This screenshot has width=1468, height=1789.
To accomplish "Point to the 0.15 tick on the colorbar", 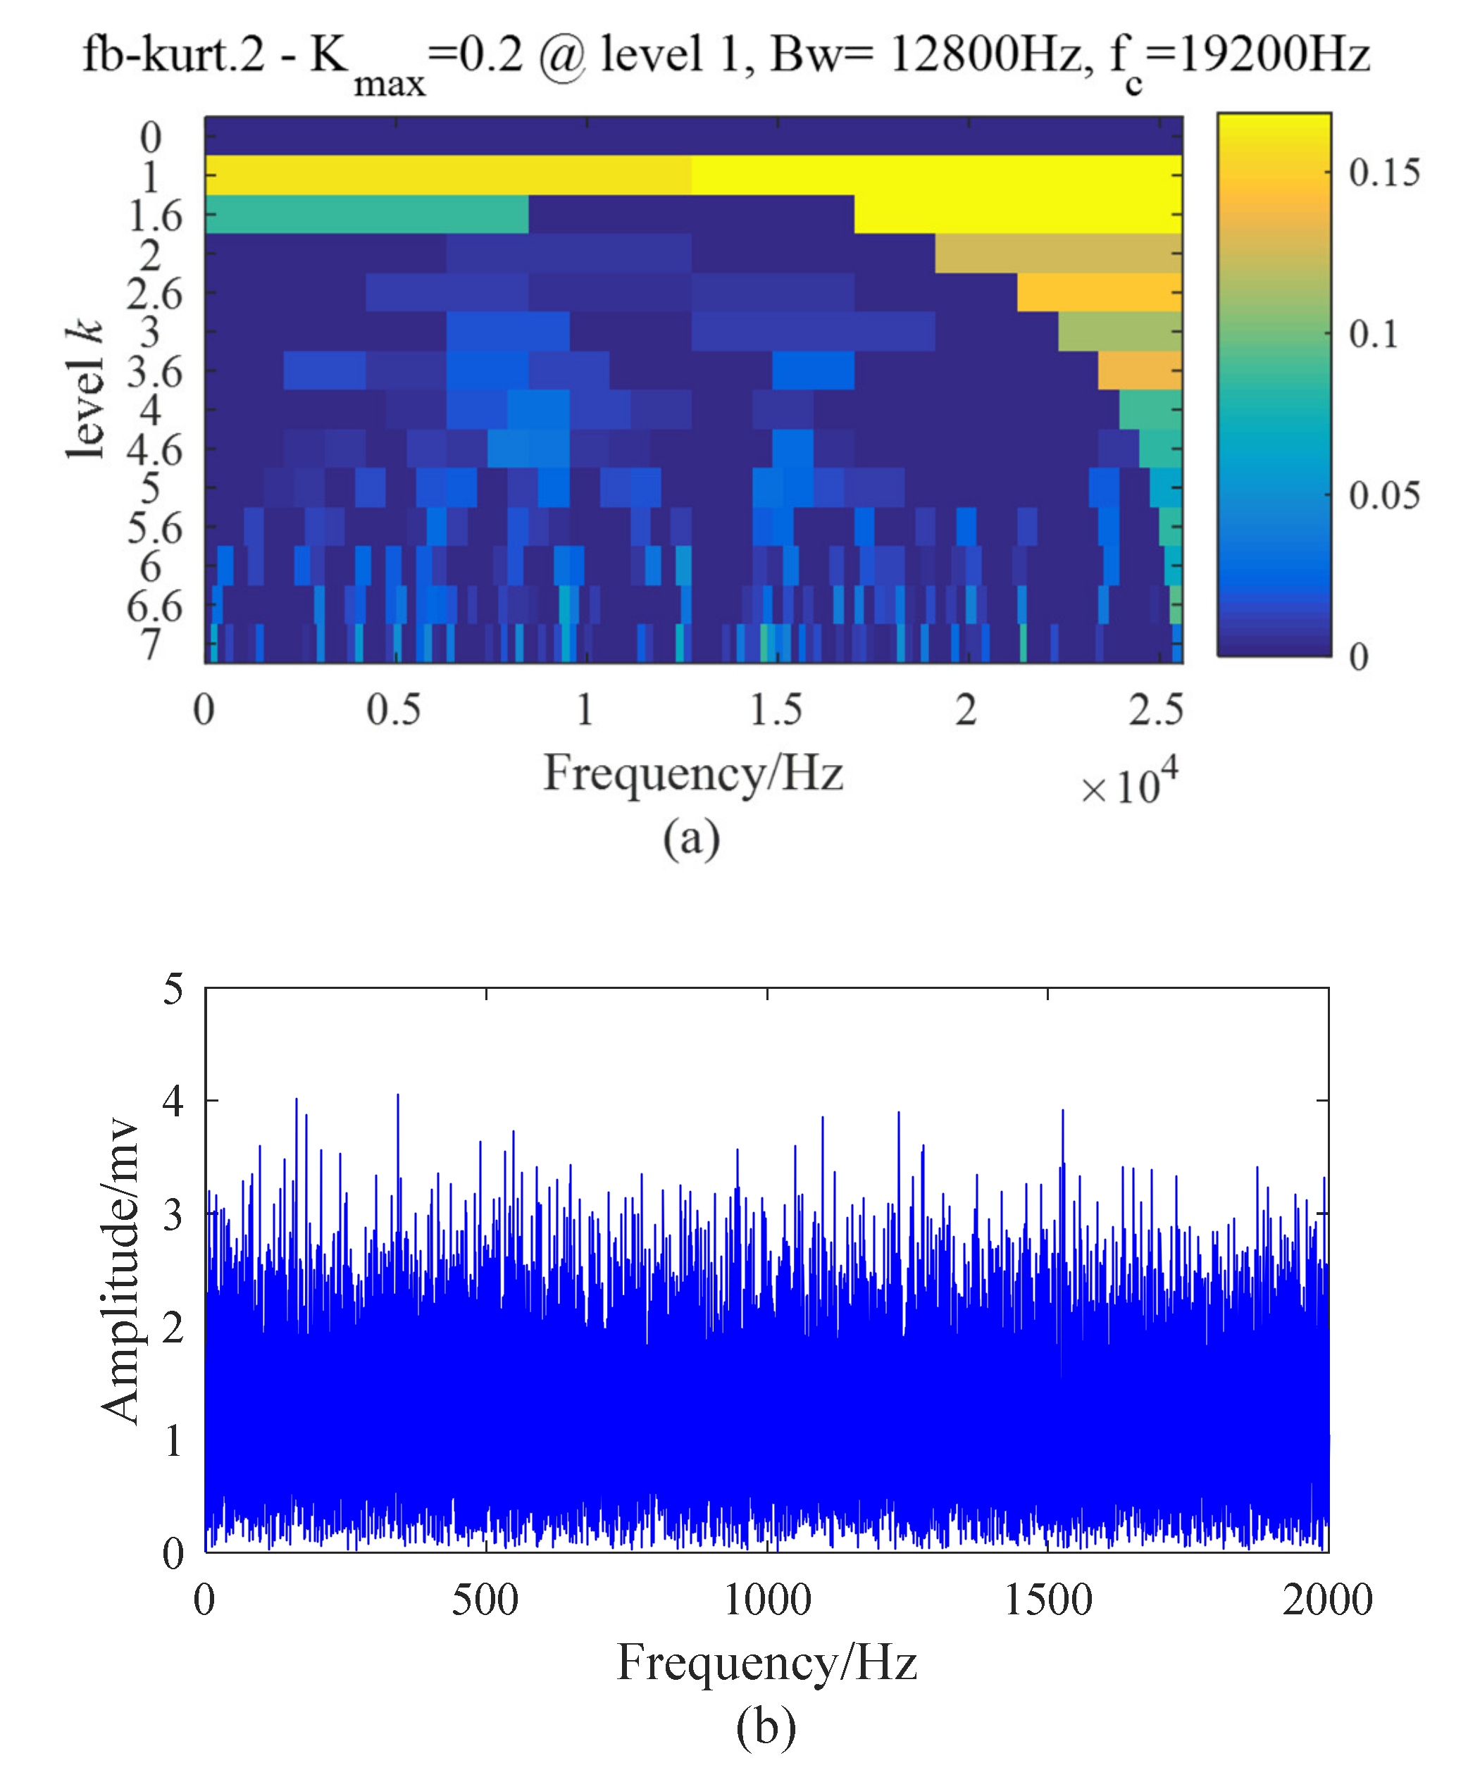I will (1383, 173).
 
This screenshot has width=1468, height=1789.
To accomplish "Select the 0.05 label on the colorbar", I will (1383, 495).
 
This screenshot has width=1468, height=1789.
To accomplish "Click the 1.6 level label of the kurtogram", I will (155, 216).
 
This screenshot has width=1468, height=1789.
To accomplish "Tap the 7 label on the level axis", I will (151, 644).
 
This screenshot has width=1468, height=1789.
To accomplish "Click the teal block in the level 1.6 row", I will (366, 215).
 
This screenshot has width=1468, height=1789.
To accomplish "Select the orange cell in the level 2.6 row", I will (1098, 292).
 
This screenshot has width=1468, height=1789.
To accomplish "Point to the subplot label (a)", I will (691, 839).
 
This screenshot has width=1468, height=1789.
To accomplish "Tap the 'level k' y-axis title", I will (85, 391).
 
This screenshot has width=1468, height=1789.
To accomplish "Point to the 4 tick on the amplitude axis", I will (173, 1102).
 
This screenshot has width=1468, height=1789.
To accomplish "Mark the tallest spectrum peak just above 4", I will (397, 1096).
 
